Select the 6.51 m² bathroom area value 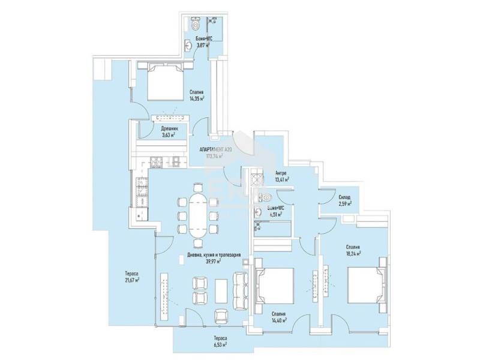coord(275,214)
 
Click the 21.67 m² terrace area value coord(129,280)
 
